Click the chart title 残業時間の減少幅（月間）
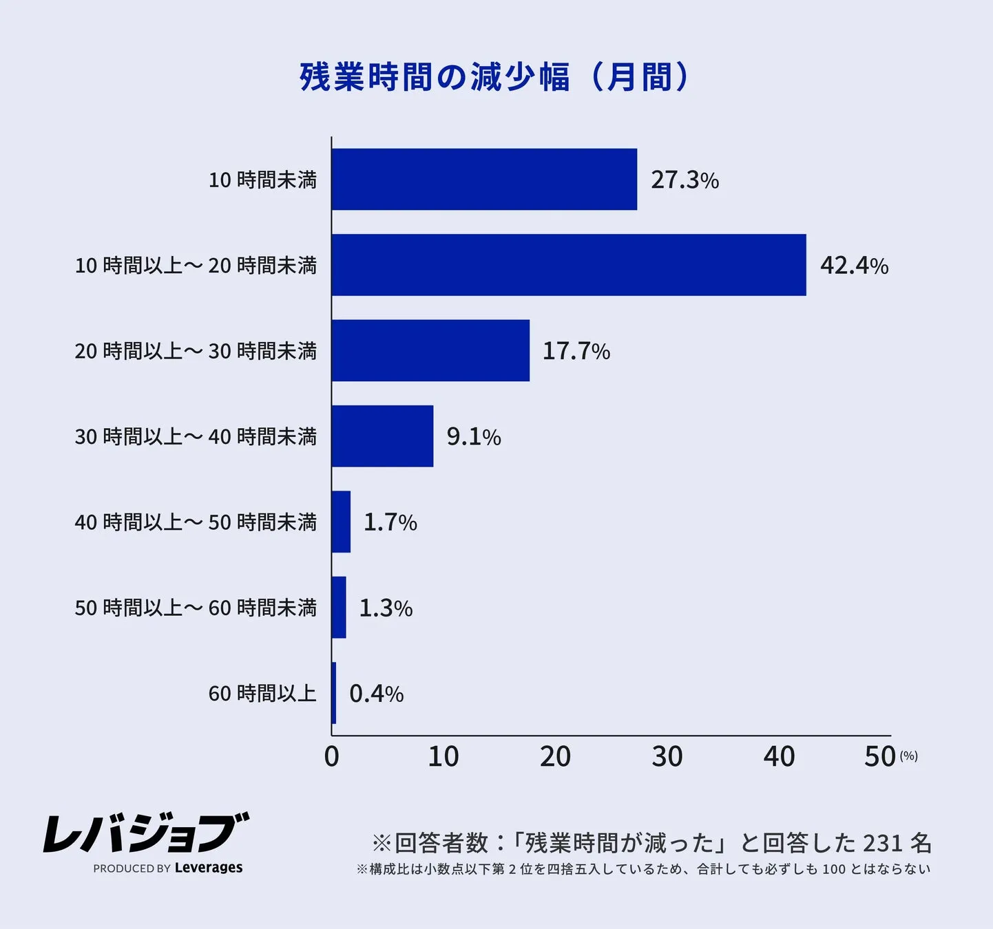494,76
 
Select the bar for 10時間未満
484,180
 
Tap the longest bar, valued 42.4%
569,265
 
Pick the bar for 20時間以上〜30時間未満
430,350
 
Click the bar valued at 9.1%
382,436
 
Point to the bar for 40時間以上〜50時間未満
341,522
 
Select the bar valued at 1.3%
339,608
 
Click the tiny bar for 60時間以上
334,693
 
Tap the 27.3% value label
684,180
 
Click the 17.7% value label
576,351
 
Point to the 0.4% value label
376,694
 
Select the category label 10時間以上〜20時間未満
196,266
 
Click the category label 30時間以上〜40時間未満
196,437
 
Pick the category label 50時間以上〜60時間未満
196,608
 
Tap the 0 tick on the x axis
332,757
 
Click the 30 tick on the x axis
667,757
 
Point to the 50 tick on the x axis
879,757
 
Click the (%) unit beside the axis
908,756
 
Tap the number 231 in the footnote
882,843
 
